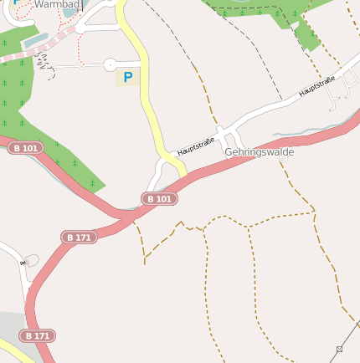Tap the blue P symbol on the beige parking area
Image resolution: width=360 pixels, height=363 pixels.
[x=127, y=77]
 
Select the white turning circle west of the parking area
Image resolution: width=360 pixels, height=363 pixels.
[x=109, y=64]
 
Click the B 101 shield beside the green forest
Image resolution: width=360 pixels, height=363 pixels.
[x=25, y=147]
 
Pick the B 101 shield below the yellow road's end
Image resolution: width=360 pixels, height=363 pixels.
[x=159, y=198]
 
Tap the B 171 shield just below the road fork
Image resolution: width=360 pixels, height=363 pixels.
[x=79, y=238]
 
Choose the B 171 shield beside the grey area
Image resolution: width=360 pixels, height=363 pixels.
[x=38, y=335]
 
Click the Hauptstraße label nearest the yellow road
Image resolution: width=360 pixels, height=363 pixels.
[x=196, y=146]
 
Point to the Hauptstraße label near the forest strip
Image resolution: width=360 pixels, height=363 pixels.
[x=316, y=85]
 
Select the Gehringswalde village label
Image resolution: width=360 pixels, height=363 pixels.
[x=259, y=152]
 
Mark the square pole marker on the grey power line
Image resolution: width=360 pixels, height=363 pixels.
[x=339, y=348]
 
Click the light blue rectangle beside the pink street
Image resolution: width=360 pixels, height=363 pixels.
[x=35, y=38]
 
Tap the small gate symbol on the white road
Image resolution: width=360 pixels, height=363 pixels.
[x=23, y=263]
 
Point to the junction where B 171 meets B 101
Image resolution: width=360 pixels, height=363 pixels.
[x=126, y=216]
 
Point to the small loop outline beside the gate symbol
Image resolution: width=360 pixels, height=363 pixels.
[x=32, y=259]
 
